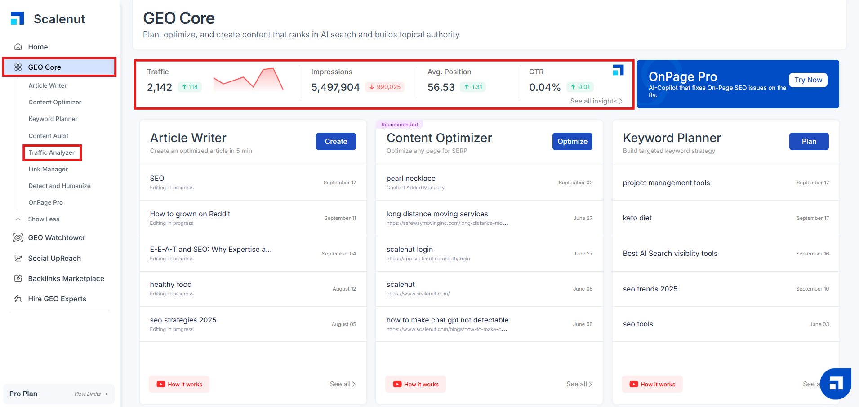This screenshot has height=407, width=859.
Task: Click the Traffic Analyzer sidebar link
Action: [x=52, y=152]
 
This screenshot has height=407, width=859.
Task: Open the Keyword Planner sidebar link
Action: [x=53, y=119]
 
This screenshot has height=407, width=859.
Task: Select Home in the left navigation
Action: [x=38, y=47]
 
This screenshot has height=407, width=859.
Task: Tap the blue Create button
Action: [x=336, y=141]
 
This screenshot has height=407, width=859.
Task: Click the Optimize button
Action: [x=572, y=141]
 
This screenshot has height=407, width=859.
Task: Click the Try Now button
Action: [x=808, y=80]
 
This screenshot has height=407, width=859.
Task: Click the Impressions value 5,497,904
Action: [x=335, y=87]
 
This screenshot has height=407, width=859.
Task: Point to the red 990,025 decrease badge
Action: [x=385, y=87]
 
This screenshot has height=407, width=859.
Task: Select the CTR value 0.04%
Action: [x=545, y=87]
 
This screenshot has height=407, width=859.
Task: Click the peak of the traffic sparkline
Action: [x=269, y=69]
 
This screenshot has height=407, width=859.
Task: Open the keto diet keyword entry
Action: [x=637, y=218]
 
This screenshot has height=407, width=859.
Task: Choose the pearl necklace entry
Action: [x=411, y=179]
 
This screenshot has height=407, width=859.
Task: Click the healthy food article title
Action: [x=171, y=285]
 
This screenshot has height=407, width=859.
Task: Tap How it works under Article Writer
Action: [x=179, y=384]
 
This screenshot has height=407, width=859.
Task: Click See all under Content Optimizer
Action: [x=579, y=384]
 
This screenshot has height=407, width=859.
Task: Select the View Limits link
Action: [x=91, y=394]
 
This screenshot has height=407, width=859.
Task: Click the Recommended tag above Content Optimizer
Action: [x=399, y=125]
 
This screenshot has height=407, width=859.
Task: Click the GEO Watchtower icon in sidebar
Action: [x=18, y=237]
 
